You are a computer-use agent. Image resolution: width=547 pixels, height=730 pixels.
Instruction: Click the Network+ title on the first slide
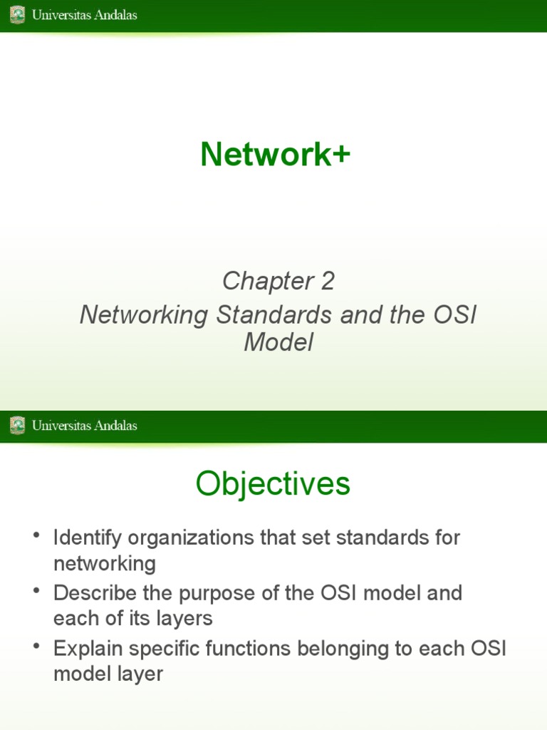coord(275,155)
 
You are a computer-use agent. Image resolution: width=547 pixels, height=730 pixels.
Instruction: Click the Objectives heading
coord(273,485)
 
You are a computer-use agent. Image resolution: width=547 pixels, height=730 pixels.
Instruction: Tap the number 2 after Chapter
coord(327,282)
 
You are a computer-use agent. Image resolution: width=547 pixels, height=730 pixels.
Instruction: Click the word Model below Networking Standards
coord(278,343)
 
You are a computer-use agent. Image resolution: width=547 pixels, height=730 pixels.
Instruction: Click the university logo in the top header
coord(17,15)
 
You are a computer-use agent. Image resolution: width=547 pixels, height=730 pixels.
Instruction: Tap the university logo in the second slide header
coord(17,426)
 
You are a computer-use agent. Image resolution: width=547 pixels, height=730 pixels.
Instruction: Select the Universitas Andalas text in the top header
coord(84,15)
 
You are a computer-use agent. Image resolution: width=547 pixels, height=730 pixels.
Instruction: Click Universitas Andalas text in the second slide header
coord(84,426)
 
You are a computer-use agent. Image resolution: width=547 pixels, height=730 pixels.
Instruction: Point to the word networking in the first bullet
coord(104,564)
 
